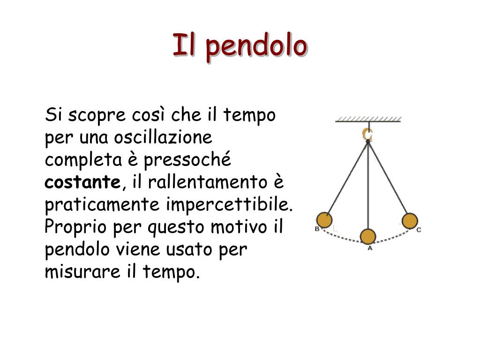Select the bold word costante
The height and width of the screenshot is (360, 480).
coord(82,182)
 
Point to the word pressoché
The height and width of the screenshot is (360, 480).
coord(187,160)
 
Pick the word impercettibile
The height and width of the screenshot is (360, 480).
coord(230,205)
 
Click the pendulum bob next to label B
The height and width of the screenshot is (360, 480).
coord(324,220)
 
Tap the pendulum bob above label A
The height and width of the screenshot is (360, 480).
coord(368,237)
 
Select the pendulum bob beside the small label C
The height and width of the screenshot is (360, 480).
coord(410,221)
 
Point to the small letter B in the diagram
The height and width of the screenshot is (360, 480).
coord(317,229)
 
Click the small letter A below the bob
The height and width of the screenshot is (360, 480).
coord(369,248)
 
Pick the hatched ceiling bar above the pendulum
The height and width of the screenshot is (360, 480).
coord(368,120)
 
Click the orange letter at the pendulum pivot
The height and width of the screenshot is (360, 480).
coord(367,134)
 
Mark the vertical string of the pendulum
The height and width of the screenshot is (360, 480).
coord(368,187)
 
